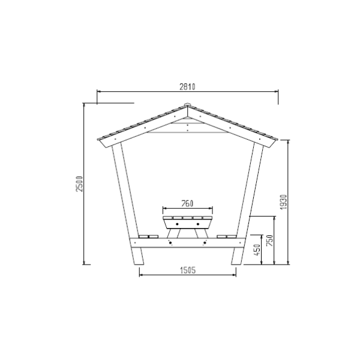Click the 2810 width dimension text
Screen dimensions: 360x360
(187, 86)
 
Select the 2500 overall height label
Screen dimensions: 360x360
(79, 184)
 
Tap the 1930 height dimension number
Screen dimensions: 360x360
(284, 202)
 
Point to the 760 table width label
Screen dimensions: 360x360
(187, 203)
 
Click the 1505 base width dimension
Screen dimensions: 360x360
(188, 270)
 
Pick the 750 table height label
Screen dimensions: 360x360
(270, 241)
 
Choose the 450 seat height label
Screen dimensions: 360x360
(257, 250)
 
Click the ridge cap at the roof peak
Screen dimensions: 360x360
(188, 104)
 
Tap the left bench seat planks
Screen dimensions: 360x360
(149, 236)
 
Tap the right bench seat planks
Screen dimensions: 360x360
(227, 236)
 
